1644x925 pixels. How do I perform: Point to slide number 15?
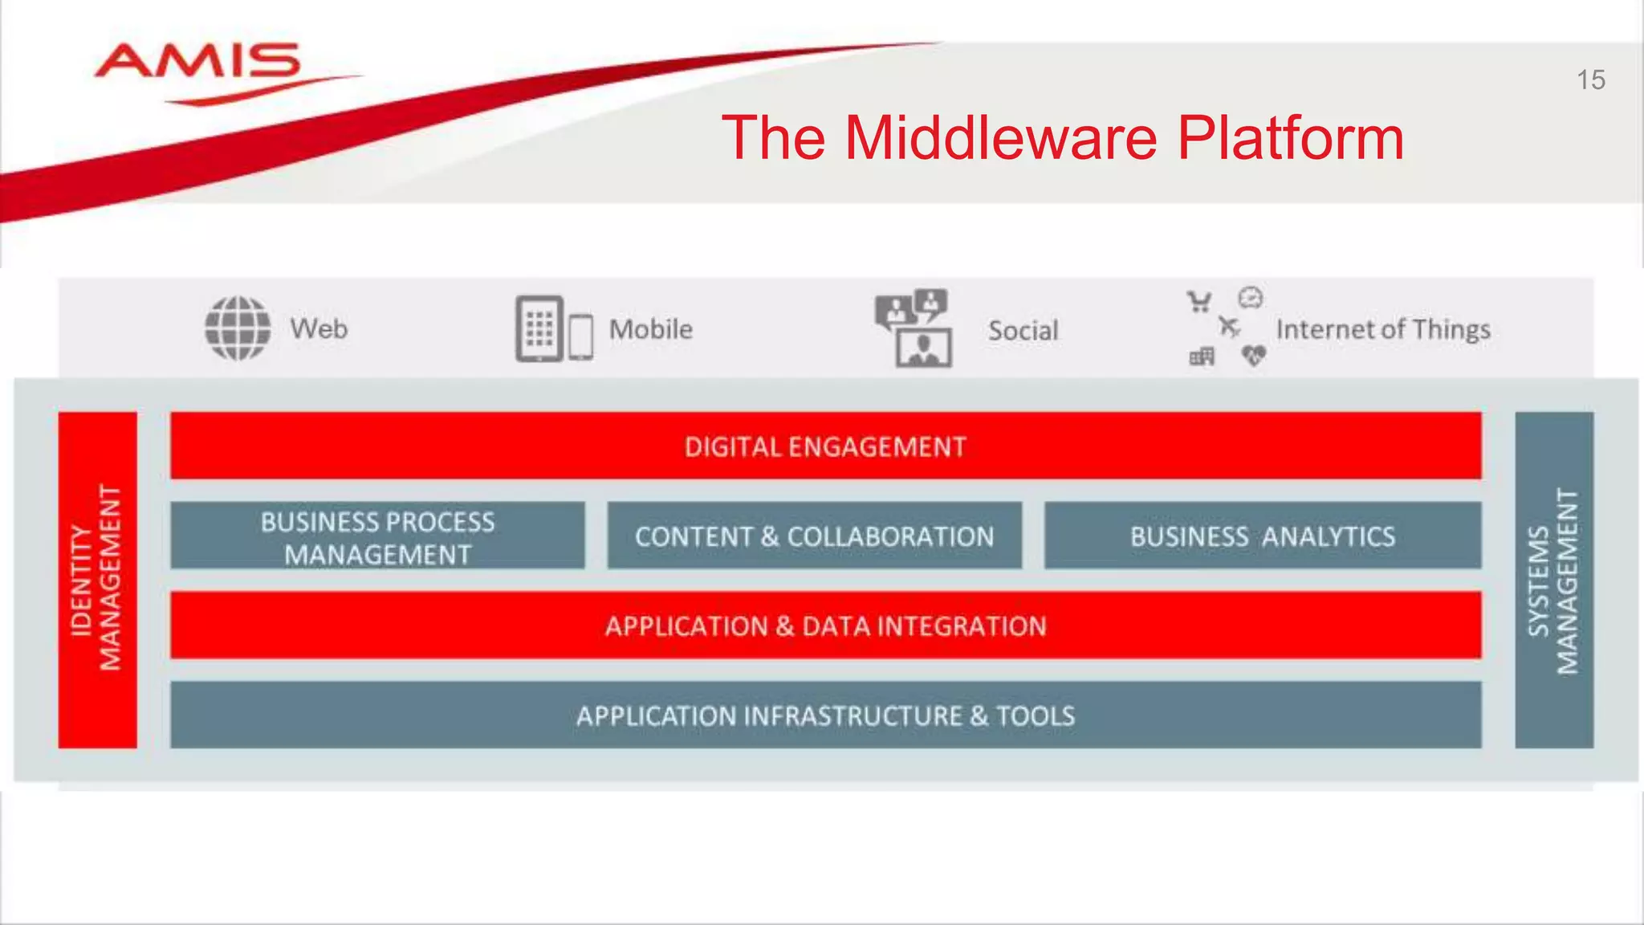point(1590,80)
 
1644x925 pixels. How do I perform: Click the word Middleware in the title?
point(1000,137)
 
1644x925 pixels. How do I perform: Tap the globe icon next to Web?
point(238,328)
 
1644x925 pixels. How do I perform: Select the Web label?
point(319,329)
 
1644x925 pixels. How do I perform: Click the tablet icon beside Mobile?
point(539,328)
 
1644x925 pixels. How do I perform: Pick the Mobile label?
point(650,329)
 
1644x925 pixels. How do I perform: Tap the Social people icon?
point(914,328)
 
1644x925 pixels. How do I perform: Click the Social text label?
point(1023,331)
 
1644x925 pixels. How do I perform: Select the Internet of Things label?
point(1382,330)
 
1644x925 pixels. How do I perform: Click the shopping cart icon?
point(1199,302)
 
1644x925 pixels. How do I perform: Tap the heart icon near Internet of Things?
point(1253,355)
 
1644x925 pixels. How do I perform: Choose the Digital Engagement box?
point(825,446)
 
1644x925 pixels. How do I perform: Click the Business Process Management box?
point(377,536)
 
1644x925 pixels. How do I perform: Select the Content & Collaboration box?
point(814,536)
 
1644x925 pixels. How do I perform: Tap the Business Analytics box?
point(1262,536)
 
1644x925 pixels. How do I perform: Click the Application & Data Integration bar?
point(825,626)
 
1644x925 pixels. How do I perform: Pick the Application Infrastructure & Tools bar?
point(825,715)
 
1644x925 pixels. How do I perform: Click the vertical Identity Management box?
point(97,580)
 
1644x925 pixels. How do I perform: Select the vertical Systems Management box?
point(1553,580)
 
